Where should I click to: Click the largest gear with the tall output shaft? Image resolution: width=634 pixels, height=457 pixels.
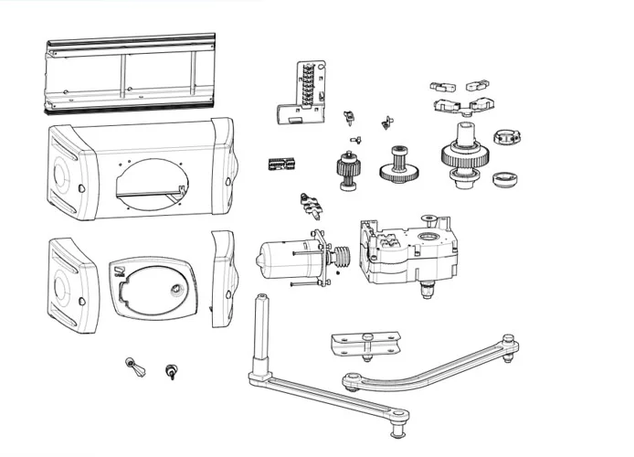point(467,158)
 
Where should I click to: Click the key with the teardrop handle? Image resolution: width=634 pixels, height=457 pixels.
point(133,368)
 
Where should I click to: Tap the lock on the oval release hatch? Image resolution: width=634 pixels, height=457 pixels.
point(174,289)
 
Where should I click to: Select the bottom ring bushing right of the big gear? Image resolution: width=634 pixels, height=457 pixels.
point(502,178)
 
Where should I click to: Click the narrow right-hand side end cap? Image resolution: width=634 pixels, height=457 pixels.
point(222,279)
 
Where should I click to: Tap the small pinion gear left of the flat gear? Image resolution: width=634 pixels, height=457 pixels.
point(348,170)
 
